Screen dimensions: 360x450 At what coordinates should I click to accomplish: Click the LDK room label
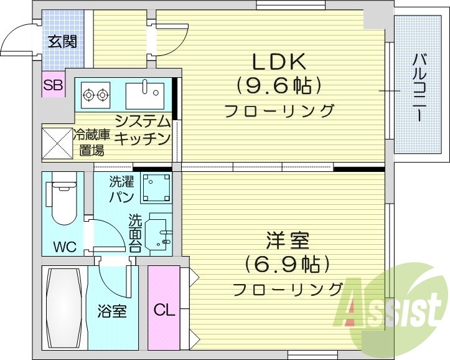coord(278,62)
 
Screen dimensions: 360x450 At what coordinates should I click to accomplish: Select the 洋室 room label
coord(288,240)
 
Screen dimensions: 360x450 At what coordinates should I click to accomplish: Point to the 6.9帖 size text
coord(287,264)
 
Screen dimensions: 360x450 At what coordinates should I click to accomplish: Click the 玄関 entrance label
coord(62,42)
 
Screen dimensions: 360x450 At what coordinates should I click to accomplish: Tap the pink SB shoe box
coord(53,86)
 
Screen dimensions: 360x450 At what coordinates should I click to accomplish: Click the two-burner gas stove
coord(95,95)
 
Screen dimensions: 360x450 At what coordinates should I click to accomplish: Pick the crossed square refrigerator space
coord(57,143)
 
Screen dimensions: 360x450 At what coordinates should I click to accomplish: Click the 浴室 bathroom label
coord(112,310)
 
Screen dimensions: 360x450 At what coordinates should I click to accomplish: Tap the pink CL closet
coord(163,308)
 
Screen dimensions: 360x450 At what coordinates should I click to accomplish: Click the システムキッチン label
coord(143,130)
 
